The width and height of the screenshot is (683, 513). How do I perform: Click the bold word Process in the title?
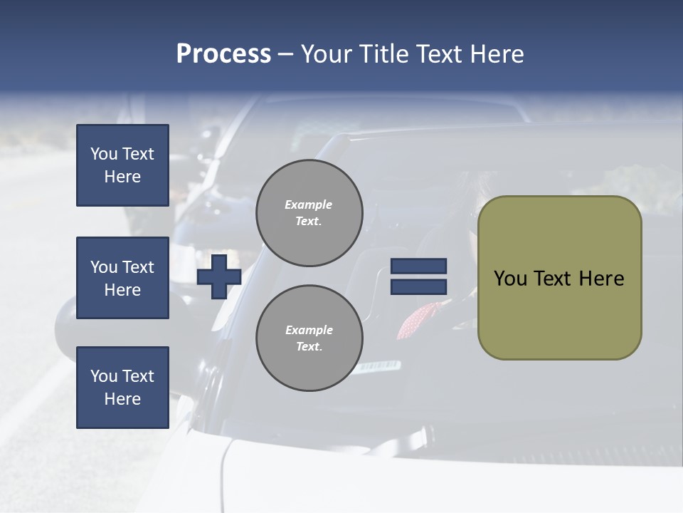click(x=223, y=54)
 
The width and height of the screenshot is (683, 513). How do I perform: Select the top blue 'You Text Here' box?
click(x=122, y=165)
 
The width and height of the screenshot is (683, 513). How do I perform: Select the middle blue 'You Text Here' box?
click(x=122, y=278)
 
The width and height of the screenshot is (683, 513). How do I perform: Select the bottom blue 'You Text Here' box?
click(x=122, y=388)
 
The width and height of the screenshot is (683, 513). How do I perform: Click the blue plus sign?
click(x=218, y=276)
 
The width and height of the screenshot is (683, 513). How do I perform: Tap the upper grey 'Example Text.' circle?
click(x=309, y=213)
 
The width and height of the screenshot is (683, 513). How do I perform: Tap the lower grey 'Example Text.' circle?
click(x=309, y=338)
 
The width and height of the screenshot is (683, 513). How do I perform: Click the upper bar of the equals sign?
click(x=418, y=266)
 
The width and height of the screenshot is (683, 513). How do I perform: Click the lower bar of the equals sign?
click(x=418, y=286)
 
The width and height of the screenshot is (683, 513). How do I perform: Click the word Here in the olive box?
click(x=601, y=279)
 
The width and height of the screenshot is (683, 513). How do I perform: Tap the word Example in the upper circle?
click(x=309, y=204)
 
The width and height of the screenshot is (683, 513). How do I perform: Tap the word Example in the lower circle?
click(x=309, y=330)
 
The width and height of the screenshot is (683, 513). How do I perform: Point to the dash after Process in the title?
click(x=285, y=55)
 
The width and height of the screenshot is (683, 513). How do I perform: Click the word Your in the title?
click(x=327, y=54)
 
